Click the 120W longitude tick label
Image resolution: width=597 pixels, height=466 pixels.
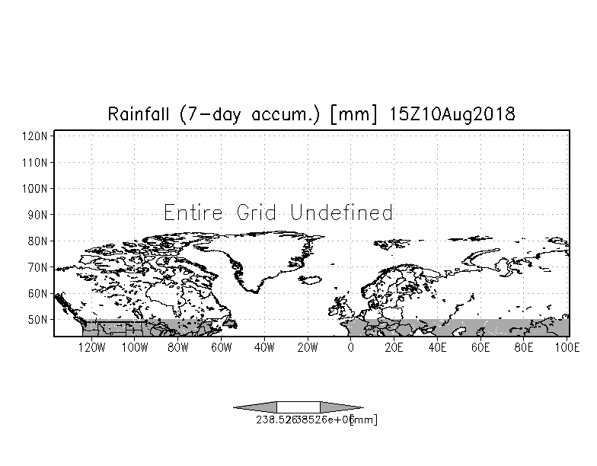(x=91, y=348)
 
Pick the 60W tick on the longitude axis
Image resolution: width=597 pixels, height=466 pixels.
(x=221, y=348)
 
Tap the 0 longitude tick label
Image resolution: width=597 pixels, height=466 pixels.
(x=350, y=348)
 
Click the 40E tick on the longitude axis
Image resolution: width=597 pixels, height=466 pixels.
(x=437, y=348)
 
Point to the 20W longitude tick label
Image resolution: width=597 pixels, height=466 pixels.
(x=307, y=348)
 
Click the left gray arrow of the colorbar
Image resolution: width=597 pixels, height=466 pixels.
(x=255, y=407)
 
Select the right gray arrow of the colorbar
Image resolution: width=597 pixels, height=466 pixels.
(x=342, y=407)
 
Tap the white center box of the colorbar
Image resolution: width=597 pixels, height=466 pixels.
(x=298, y=407)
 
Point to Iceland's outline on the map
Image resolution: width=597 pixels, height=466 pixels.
(x=310, y=280)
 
